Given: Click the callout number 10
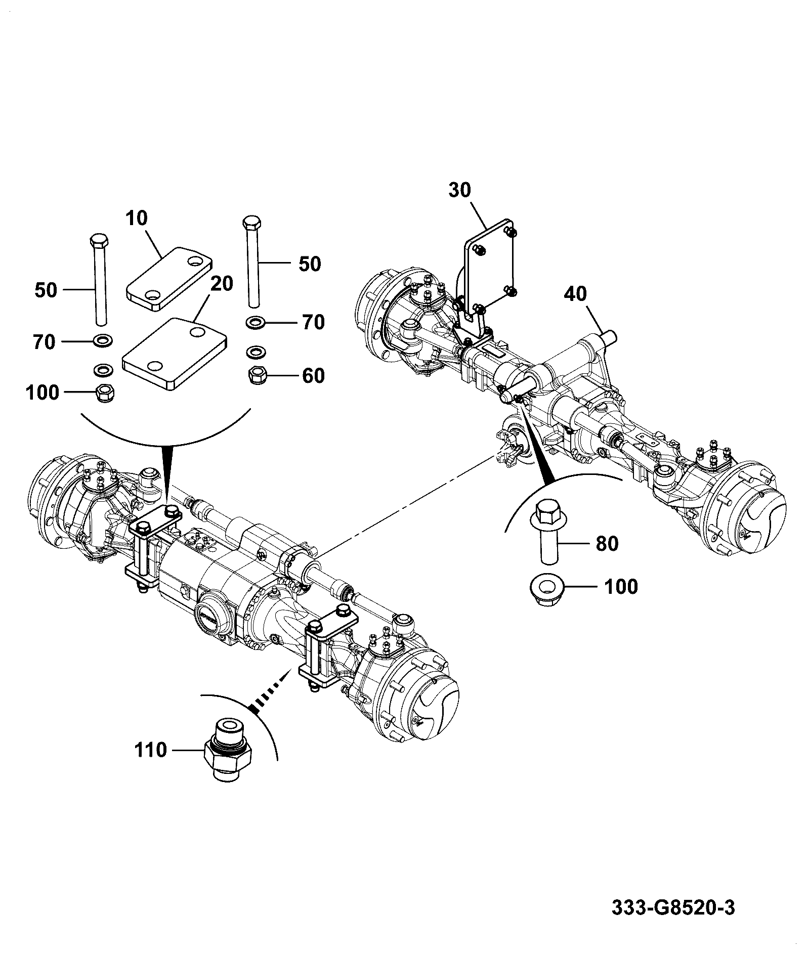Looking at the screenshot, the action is coord(136,219).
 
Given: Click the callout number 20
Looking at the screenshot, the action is coord(222,284).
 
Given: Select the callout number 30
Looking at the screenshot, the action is coord(459,190).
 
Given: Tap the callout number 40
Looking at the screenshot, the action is coord(575,293).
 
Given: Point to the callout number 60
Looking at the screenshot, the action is coord(313,376).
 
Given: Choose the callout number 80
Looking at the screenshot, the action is coord(607,544).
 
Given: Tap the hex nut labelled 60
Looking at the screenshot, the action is coord(259,375).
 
